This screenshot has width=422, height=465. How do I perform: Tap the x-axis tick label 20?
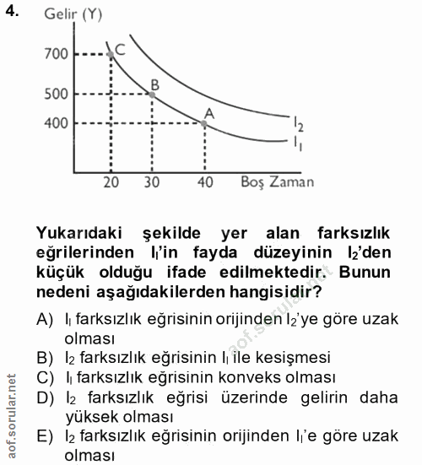(x=111, y=182)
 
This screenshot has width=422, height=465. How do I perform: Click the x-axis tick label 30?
(x=152, y=182)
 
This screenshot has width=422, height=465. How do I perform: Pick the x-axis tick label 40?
(x=205, y=182)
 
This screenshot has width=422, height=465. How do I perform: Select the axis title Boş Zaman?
(x=277, y=181)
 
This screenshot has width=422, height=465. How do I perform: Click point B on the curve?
(x=152, y=94)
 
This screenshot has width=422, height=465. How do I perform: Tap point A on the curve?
(x=205, y=123)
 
